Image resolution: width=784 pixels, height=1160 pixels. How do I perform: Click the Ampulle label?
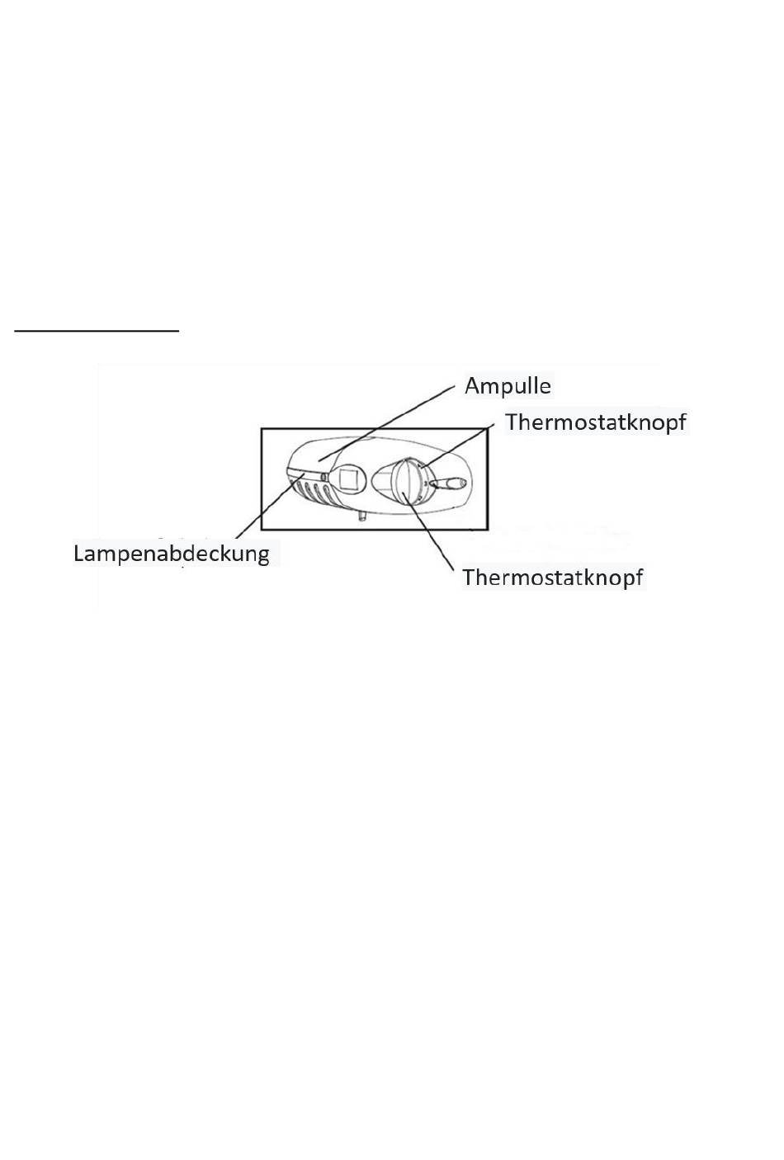point(508,386)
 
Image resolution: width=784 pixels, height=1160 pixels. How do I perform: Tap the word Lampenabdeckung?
point(171,553)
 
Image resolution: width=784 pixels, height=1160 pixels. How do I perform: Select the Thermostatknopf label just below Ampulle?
point(595,422)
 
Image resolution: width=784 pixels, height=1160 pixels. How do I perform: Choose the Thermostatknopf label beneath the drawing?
point(552,577)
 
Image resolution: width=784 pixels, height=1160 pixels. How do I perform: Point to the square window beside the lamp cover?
point(347,479)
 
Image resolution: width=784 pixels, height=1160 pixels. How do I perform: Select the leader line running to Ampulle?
point(388,420)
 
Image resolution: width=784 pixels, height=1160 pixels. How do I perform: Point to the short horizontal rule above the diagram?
point(97,331)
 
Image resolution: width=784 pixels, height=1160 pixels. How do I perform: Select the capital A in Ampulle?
point(472,386)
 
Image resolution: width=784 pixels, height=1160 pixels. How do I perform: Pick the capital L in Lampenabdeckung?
point(78,553)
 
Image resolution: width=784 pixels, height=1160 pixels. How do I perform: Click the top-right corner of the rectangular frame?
point(488,429)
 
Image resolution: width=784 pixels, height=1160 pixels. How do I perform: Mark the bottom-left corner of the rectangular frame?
point(262,529)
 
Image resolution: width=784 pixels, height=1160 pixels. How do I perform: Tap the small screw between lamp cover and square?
point(324,476)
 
